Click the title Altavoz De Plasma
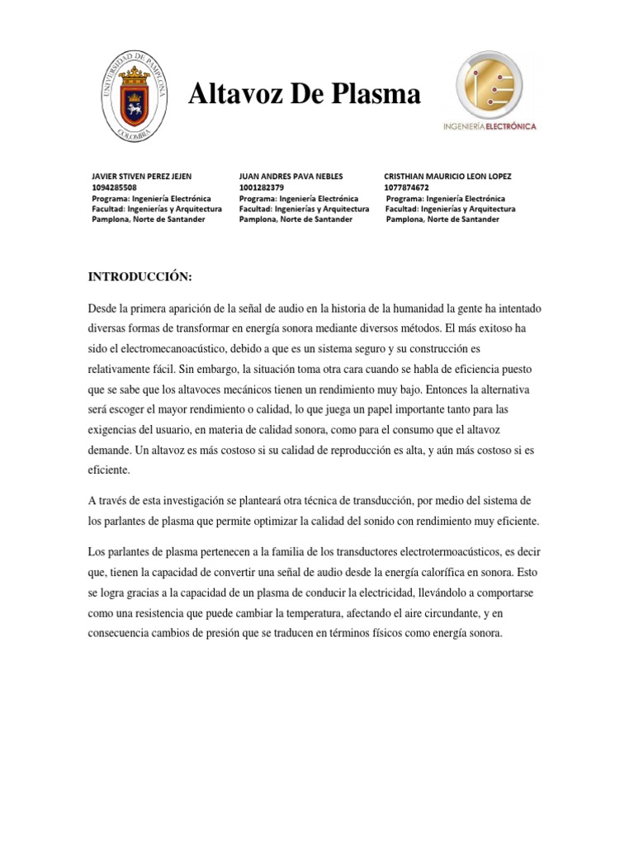click(x=305, y=95)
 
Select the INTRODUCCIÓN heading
click(x=140, y=277)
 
